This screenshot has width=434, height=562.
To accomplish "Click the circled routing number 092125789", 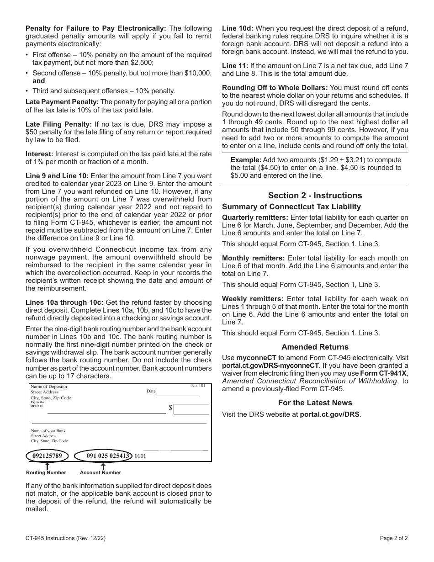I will point(47,456).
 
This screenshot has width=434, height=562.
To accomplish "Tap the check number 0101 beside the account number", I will point(140,456).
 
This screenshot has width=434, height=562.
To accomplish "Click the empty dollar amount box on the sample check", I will point(191,409).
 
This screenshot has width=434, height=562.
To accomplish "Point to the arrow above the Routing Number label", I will point(47,466).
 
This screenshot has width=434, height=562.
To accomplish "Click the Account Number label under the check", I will point(101,472).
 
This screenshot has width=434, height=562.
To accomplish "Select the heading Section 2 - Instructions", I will point(315,196).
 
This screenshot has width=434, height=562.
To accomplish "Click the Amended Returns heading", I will point(315,347).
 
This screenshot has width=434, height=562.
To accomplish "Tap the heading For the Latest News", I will point(315,403).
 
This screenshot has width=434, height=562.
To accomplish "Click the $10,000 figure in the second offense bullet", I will point(198,73).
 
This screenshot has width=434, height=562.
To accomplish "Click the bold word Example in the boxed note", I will point(246,160).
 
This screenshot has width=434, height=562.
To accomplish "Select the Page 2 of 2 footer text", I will point(394,538).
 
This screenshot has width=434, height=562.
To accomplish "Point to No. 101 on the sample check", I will point(198,386).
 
